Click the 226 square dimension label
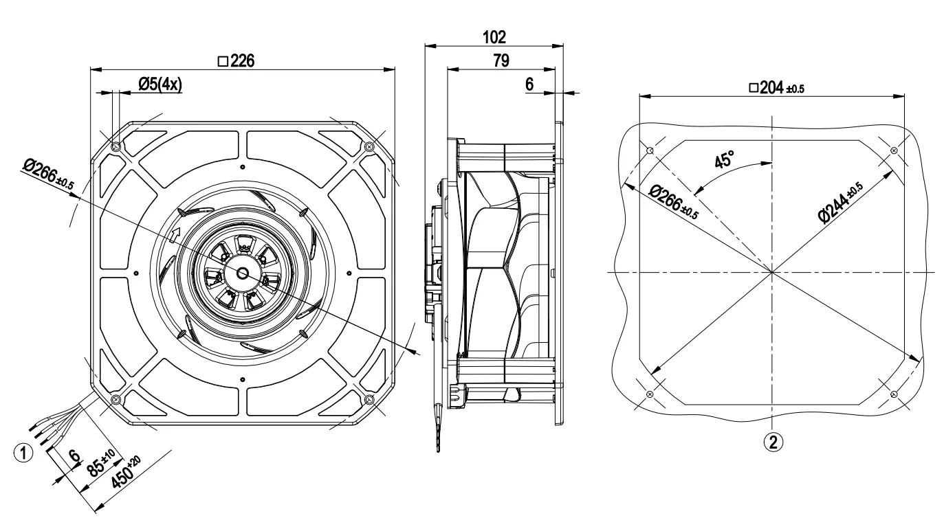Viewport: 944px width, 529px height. pyautogui.click(x=237, y=61)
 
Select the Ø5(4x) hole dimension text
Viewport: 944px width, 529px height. pyautogui.click(x=160, y=85)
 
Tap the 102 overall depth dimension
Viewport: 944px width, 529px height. pyautogui.click(x=494, y=37)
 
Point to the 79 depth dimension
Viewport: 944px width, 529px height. pyautogui.click(x=501, y=60)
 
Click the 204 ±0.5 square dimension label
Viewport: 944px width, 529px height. pyautogui.click(x=777, y=88)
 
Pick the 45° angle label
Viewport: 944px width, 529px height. pyautogui.click(x=725, y=159)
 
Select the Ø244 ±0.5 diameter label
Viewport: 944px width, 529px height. pyautogui.click(x=841, y=202)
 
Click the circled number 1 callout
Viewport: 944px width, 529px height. pyautogui.click(x=23, y=453)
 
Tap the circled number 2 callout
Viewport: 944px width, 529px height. pyautogui.click(x=773, y=442)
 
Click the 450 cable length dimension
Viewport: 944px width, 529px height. pyautogui.click(x=126, y=472)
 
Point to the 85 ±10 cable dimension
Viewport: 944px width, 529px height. pyautogui.click(x=100, y=463)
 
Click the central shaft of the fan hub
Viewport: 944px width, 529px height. pyautogui.click(x=243, y=273)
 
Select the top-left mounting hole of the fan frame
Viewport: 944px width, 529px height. pyautogui.click(x=116, y=146)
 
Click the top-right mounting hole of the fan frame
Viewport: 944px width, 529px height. pyautogui.click(x=369, y=146)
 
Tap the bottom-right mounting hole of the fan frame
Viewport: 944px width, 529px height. pyautogui.click(x=369, y=399)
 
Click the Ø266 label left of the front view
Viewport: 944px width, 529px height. pyautogui.click(x=48, y=174)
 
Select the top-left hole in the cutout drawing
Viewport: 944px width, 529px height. pyautogui.click(x=650, y=150)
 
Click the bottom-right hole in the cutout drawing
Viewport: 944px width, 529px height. pyautogui.click(x=894, y=394)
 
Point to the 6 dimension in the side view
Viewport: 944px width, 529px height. pyautogui.click(x=529, y=85)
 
